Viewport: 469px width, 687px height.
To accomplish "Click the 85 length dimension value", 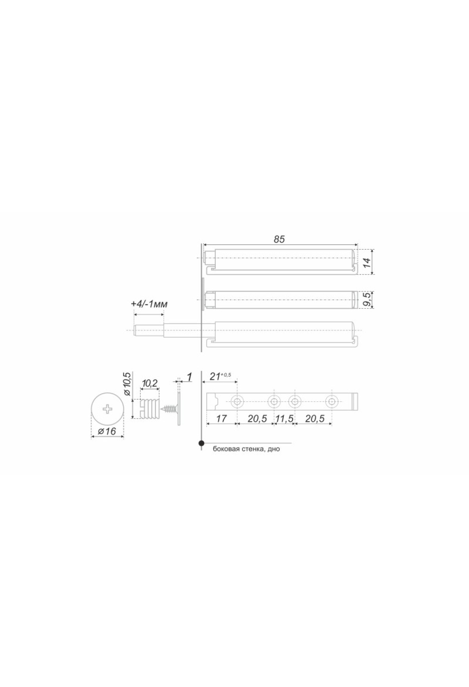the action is (x=279, y=239).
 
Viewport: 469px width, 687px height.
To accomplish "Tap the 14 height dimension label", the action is (x=366, y=262).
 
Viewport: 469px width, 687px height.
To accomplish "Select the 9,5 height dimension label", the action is (x=366, y=299).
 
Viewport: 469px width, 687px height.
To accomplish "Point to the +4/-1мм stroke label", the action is (x=149, y=304).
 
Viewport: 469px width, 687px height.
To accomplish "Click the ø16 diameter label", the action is (x=107, y=431).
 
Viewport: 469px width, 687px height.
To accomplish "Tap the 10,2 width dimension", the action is (x=149, y=383).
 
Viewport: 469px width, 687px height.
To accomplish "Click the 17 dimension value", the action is (x=221, y=419).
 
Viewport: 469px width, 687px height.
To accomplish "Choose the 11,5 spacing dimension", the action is (x=284, y=419).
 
